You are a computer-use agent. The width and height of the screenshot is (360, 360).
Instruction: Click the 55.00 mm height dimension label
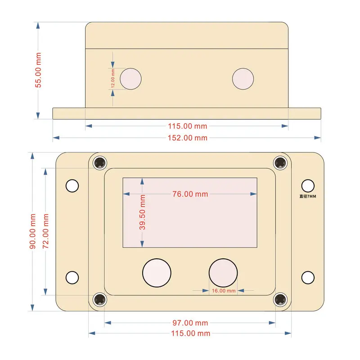[x=39, y=70]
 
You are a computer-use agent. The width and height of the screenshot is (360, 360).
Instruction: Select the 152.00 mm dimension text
[x=188, y=138]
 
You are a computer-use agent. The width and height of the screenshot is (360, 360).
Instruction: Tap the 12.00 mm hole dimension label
[x=113, y=79]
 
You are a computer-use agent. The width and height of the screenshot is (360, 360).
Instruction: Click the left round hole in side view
[x=131, y=79]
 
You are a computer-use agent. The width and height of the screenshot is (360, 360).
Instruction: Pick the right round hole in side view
[x=243, y=79]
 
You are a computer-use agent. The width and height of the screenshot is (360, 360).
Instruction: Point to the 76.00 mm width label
[x=190, y=194]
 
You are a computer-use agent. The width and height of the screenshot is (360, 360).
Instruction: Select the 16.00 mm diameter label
[x=224, y=291]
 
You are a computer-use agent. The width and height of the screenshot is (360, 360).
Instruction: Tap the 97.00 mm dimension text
[x=190, y=323]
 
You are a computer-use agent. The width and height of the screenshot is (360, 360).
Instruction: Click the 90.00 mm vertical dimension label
[x=32, y=232]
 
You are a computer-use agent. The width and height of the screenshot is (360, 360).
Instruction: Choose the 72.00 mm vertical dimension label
[x=46, y=232]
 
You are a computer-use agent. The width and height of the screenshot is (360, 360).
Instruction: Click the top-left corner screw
[x=99, y=162]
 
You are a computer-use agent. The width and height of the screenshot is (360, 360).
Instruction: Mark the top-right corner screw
[x=281, y=162]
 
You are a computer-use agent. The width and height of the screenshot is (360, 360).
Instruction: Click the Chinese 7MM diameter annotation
[x=308, y=196]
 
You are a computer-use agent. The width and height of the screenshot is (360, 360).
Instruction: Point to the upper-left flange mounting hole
[x=72, y=185]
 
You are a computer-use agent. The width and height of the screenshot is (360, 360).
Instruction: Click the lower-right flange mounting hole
[x=308, y=277]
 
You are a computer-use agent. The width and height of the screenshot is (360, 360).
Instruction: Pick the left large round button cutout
[x=157, y=272]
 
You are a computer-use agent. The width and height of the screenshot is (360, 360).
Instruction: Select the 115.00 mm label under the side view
[x=188, y=126]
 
